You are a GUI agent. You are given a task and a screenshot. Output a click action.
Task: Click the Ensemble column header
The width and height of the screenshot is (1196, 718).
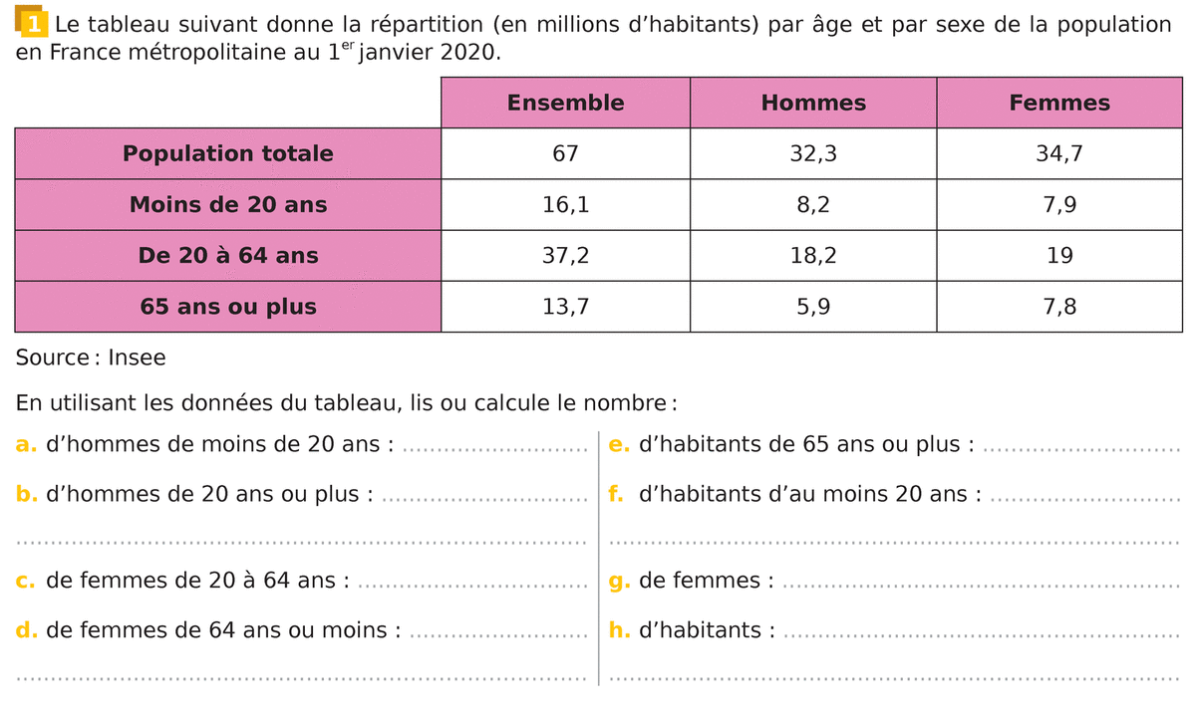pos(565,103)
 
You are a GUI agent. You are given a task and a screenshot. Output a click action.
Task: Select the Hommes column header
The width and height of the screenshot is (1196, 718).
pos(813,103)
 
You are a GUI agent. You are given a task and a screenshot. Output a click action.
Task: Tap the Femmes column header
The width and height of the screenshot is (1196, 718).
pos(1059,103)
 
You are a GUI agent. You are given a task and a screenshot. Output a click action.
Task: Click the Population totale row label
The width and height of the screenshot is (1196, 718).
pos(228,153)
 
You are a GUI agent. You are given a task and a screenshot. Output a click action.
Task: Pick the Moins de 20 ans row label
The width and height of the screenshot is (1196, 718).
pos(228,205)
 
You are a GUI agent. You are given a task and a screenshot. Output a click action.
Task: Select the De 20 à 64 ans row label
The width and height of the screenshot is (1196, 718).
pos(228,256)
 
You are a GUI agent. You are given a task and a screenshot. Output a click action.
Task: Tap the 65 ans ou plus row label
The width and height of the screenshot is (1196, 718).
pos(228,307)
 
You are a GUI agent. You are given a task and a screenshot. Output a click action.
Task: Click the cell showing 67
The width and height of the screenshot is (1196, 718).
pos(565,153)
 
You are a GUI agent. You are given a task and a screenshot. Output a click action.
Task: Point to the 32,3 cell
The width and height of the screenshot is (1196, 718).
pos(813,153)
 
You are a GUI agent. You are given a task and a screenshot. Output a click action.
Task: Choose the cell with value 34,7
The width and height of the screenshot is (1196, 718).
pos(1059,153)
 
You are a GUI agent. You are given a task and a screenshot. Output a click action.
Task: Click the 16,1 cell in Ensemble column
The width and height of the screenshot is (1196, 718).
pos(565,205)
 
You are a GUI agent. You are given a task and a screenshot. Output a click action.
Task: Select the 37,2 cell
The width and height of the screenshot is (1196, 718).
pos(565,256)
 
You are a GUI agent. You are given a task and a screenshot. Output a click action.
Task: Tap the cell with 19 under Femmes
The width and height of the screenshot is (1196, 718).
pos(1059,256)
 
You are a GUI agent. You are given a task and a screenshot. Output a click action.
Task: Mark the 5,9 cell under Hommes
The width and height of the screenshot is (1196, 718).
pos(813,307)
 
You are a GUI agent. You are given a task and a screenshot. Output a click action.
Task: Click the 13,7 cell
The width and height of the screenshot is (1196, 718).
pos(565,307)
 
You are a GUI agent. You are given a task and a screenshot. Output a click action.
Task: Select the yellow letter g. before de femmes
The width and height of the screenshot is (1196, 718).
pos(619,581)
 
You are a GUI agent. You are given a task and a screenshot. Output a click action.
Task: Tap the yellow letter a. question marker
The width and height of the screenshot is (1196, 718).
pos(27,444)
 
